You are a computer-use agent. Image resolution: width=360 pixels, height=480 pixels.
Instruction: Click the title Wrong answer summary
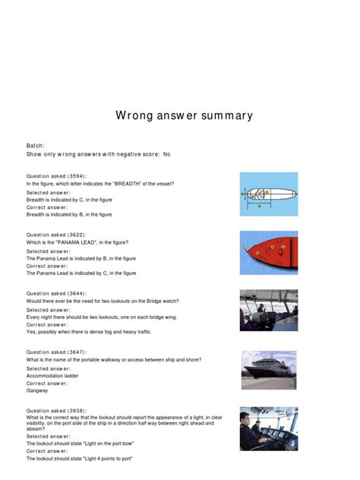[x=184, y=116]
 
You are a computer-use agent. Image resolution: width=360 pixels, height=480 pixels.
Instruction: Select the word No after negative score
[x=166, y=154]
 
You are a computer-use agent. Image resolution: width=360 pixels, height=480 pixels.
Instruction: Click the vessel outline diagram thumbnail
[x=269, y=194]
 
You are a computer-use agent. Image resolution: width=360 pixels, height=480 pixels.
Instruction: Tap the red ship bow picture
[x=269, y=252]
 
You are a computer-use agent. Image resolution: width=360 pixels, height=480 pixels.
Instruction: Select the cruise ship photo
[x=269, y=370]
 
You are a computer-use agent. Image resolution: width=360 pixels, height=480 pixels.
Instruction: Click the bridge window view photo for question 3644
[x=269, y=311]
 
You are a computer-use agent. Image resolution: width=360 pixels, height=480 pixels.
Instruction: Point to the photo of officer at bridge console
[x=269, y=429]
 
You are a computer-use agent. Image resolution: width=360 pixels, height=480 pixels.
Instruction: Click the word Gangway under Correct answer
[x=38, y=390]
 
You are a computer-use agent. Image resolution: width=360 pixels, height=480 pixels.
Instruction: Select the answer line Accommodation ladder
[x=56, y=376]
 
